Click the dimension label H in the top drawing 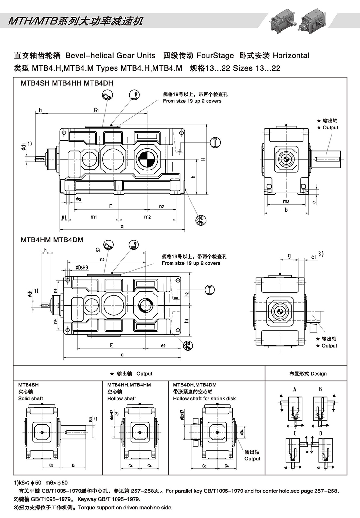pos(203,159)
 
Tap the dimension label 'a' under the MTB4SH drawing pos(122,226)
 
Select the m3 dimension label pos(286,201)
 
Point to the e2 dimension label pos(163,345)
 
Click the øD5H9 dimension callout pos(81,268)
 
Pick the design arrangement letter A pos(295,389)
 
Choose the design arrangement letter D pos(321,433)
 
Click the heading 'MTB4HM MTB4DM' pos(52,240)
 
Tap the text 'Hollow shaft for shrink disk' pos(204,398)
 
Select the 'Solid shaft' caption pos(30,398)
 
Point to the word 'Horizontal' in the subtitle pos(291,55)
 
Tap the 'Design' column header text pos(318,374)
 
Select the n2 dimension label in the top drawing pos(161,206)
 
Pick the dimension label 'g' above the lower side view pos(289,256)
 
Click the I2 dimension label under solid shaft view pos(73,465)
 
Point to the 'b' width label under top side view pos(286,210)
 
